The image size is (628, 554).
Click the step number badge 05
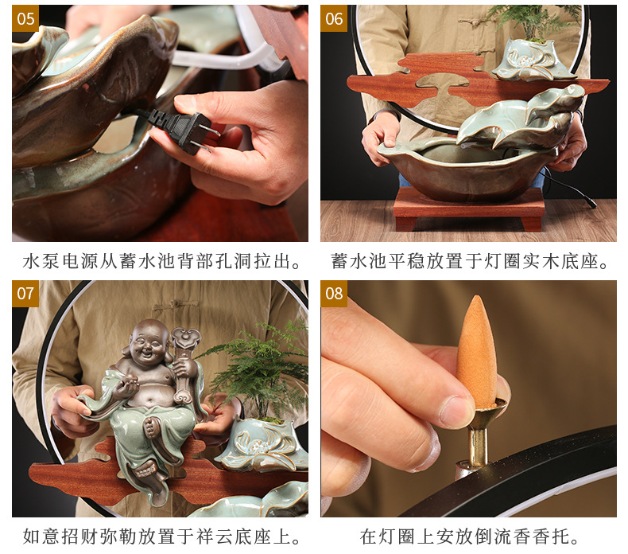(25, 18)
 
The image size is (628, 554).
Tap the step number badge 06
(334, 18)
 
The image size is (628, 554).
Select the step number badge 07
(25, 294)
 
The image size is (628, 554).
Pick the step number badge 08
(334, 294)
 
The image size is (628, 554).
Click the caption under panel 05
(161, 261)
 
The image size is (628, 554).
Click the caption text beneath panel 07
(161, 537)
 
